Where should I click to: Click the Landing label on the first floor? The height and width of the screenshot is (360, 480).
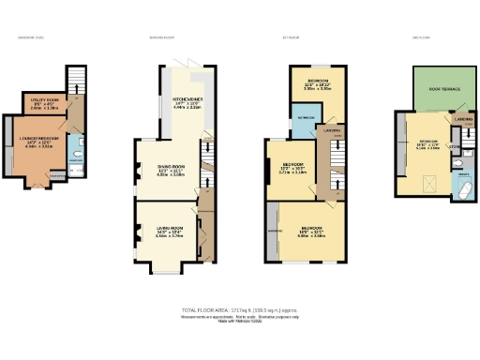click(330, 131)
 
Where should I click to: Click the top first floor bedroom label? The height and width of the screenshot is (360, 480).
click(318, 82)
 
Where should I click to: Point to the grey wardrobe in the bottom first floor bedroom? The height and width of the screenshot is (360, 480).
click(274, 232)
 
